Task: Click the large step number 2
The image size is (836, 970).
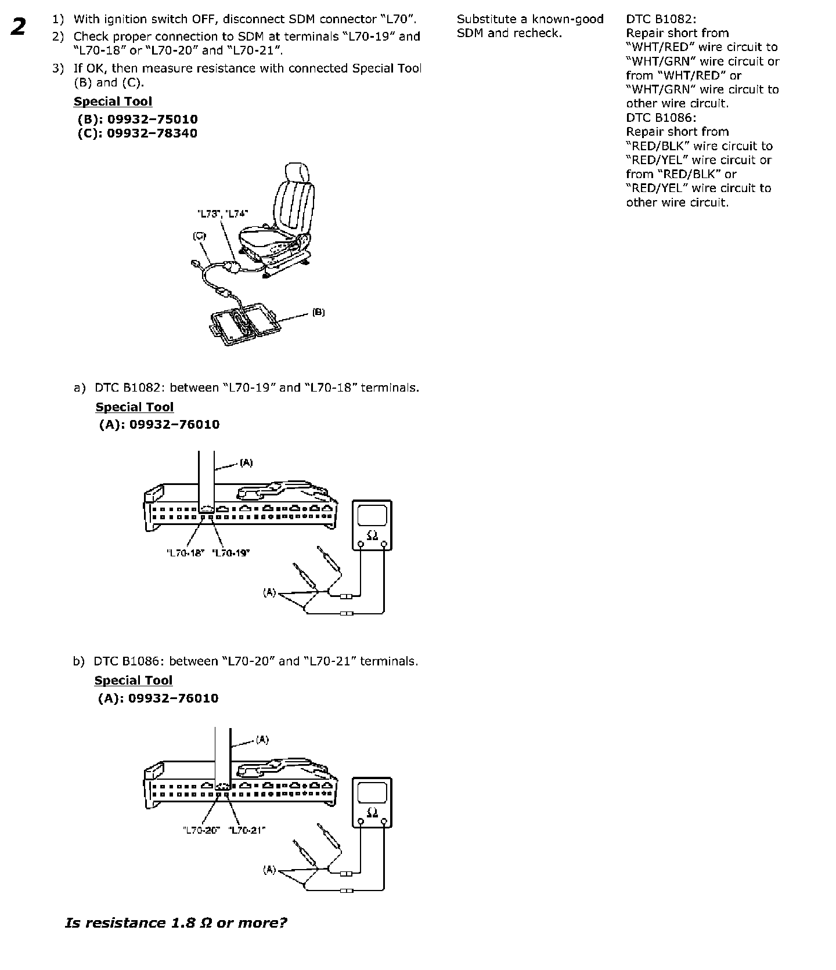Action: click(19, 27)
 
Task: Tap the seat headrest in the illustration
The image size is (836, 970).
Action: click(296, 173)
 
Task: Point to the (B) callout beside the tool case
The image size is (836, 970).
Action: click(318, 312)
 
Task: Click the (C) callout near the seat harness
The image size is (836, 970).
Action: click(199, 236)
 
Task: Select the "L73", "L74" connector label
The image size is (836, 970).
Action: click(223, 213)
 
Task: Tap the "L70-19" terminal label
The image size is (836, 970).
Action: click(231, 553)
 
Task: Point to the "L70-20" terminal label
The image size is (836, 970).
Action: click(200, 830)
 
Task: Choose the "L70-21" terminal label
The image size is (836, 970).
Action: click(247, 830)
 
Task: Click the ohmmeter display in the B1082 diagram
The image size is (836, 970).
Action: click(372, 515)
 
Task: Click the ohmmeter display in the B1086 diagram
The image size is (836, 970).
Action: click(372, 792)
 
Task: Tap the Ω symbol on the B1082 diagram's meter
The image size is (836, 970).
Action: click(372, 535)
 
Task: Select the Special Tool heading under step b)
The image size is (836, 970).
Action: click(134, 681)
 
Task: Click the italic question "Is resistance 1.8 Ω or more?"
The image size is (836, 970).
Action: click(176, 922)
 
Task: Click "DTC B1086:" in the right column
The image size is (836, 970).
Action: click(661, 118)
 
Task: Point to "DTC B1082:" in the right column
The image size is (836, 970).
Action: click(661, 19)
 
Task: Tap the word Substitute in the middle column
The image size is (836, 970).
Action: click(485, 19)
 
